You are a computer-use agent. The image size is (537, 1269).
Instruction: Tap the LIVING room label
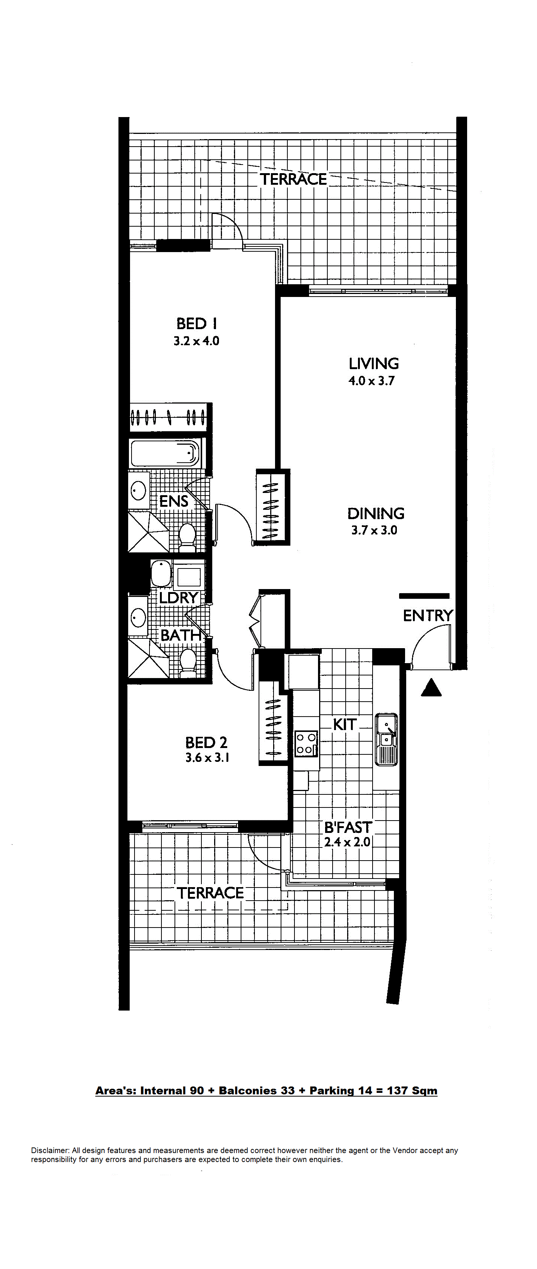[x=374, y=364]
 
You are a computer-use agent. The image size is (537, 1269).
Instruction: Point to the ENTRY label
[x=428, y=615]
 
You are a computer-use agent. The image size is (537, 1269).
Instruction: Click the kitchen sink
[x=386, y=739]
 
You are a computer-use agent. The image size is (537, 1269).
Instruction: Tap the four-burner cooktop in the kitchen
[x=306, y=744]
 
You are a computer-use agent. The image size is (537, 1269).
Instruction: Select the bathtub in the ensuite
[x=166, y=453]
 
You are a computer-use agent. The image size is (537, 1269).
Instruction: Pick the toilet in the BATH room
[x=187, y=663]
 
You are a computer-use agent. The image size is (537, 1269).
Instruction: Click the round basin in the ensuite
[x=138, y=491]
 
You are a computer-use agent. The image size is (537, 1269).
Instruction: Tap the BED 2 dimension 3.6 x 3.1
[x=207, y=758]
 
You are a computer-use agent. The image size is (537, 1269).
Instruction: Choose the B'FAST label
[x=348, y=827]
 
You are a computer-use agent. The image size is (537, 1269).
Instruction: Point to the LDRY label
[x=178, y=598]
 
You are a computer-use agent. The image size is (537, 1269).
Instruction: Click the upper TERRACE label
[x=293, y=179]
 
